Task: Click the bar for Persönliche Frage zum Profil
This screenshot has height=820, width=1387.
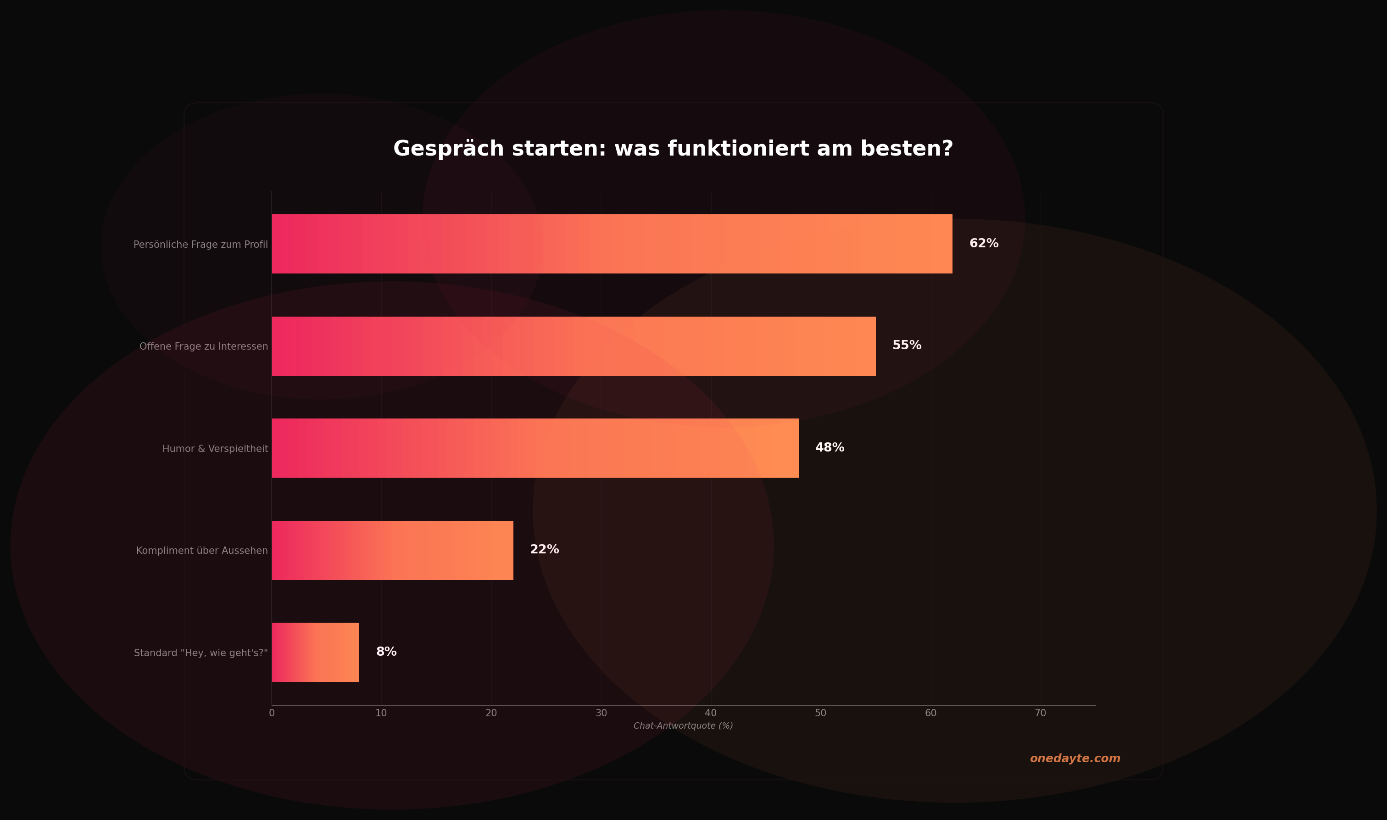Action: pos(612,244)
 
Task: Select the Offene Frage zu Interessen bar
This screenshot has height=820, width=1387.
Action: pos(574,346)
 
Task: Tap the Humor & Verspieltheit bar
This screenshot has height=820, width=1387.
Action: pos(535,448)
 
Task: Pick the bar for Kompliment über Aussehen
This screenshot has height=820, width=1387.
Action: pos(392,550)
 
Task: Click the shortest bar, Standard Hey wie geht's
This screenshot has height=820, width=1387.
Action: pos(315,652)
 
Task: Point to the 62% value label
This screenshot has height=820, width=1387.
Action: pos(984,244)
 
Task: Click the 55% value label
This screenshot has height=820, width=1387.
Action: pos(907,346)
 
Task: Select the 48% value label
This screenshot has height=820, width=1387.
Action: pos(830,447)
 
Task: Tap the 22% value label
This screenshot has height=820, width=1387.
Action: pos(544,550)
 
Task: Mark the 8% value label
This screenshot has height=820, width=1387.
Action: pos(386,652)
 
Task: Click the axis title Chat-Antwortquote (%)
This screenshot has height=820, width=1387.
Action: pos(683,726)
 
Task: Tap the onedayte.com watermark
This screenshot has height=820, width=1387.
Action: pos(1075,759)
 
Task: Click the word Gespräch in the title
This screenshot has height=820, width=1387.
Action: pos(449,149)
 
